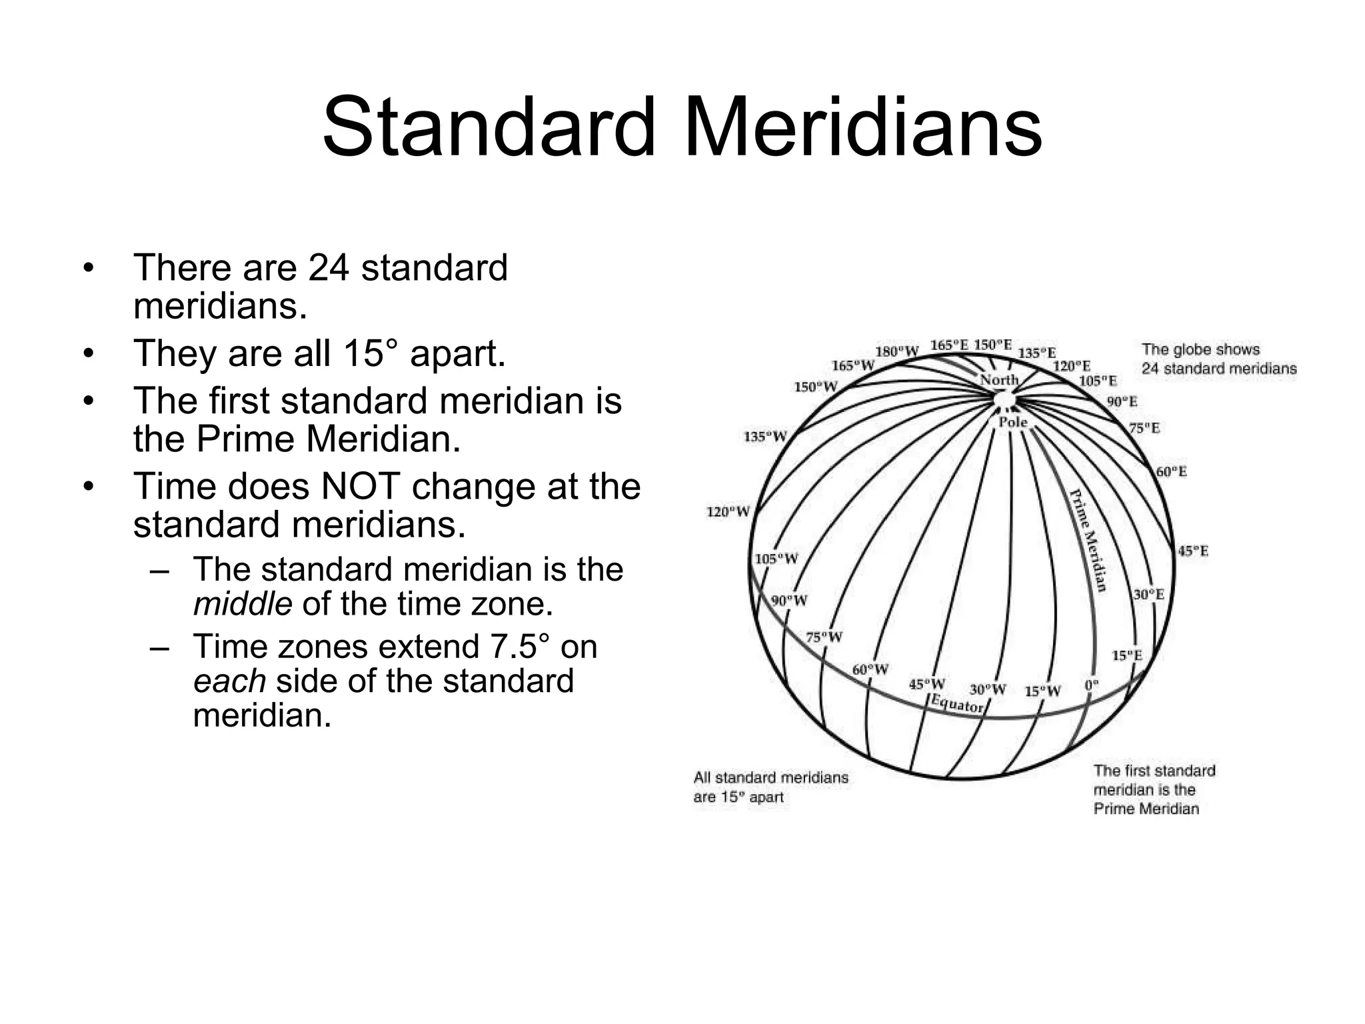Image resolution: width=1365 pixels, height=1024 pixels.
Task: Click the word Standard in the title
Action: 489,127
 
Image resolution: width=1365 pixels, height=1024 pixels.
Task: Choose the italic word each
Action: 230,681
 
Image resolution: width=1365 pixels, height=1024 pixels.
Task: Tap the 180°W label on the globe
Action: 896,351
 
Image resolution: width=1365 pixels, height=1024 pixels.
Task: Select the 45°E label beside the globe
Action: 1193,551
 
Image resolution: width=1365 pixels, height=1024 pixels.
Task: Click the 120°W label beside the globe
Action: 728,512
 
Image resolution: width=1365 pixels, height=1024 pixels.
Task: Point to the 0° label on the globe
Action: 1091,685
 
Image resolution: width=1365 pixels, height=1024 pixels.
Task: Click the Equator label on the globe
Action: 957,704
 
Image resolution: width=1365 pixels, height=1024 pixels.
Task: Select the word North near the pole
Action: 999,380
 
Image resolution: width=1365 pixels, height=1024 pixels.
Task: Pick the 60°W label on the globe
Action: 870,669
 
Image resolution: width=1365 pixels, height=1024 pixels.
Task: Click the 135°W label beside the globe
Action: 765,437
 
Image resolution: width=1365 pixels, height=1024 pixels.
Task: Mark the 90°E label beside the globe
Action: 1122,401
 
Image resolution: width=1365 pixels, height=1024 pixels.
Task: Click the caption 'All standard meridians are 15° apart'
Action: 770,787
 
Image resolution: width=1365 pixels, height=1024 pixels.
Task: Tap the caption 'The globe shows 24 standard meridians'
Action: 1218,359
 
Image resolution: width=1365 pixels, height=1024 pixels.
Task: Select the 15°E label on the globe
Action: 1127,655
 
